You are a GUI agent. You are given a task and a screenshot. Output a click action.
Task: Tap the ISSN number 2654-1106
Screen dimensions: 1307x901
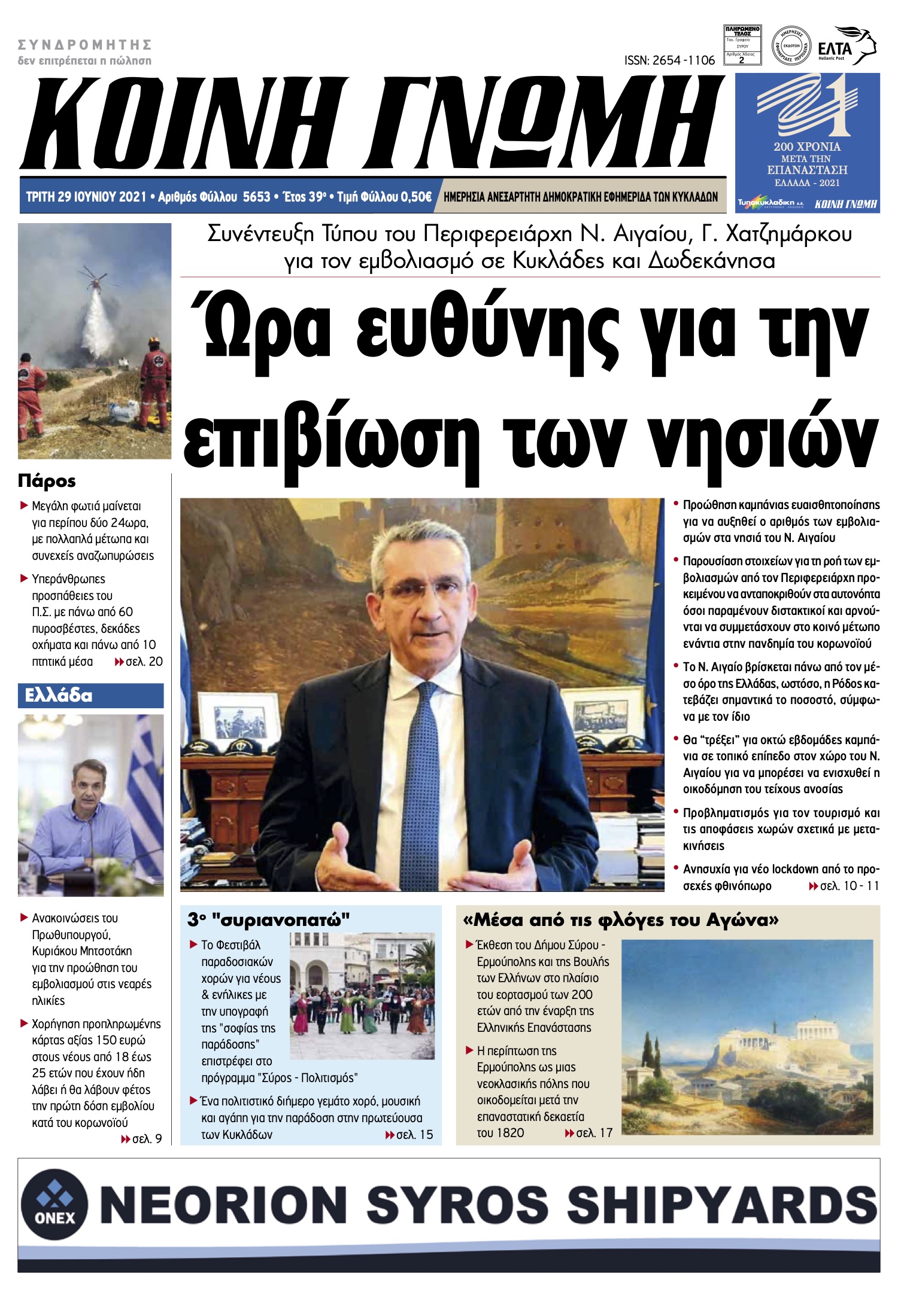coord(669,60)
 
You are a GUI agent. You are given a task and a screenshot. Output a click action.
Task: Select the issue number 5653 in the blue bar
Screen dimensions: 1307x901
coord(256,197)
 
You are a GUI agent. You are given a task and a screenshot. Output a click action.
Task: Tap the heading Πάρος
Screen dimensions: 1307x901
coord(47,480)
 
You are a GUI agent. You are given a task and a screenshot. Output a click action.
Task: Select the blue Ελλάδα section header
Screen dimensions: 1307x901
coord(90,696)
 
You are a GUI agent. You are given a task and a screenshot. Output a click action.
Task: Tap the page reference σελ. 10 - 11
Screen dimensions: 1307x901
coord(844,886)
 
